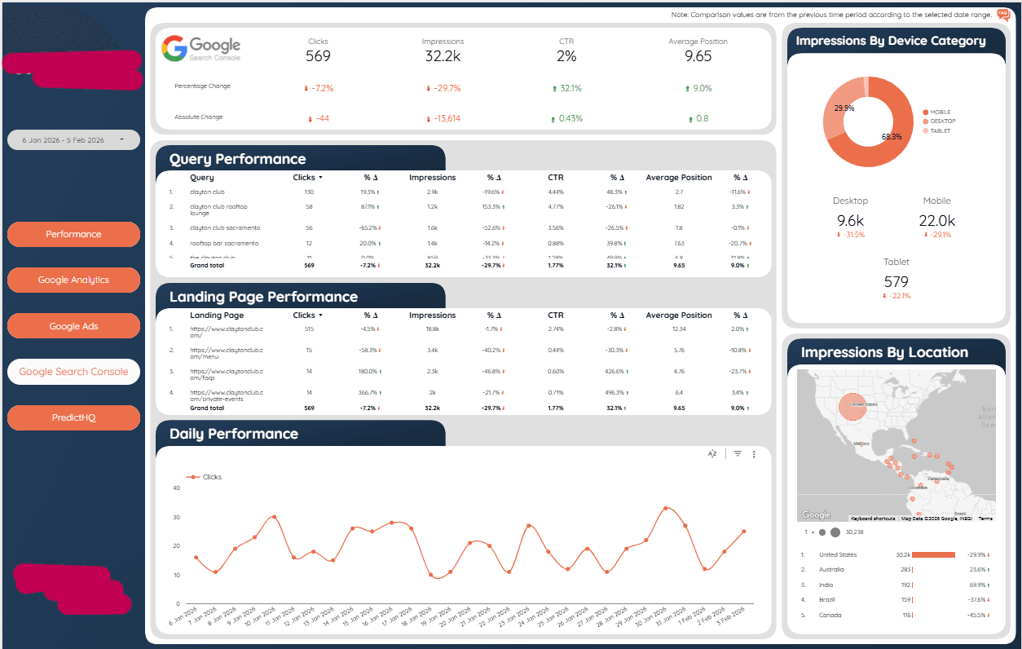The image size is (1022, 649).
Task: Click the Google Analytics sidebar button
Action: coord(73,280)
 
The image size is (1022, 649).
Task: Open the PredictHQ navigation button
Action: coord(73,417)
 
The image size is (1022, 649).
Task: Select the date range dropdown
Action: coord(73,140)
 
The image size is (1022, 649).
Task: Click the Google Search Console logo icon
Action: coord(174,48)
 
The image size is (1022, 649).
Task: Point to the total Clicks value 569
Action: coord(318,56)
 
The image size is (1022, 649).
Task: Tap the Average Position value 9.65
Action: coord(698,56)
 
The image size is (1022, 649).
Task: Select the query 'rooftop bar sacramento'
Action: coord(224,243)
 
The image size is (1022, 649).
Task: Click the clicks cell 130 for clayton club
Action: coord(309,192)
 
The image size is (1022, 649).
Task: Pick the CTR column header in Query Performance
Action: coord(556,177)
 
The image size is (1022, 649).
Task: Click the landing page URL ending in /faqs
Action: coord(227,374)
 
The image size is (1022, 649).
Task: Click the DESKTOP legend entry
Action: coord(942,121)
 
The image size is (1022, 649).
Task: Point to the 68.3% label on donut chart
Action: coord(892,137)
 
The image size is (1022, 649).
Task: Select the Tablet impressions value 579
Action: coord(896,282)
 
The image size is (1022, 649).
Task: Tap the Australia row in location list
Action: coord(832,570)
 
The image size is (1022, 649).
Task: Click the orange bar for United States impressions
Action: coord(933,554)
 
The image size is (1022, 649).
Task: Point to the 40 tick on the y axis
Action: coord(176,488)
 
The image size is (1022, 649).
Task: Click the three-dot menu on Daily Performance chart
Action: coord(754,454)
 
